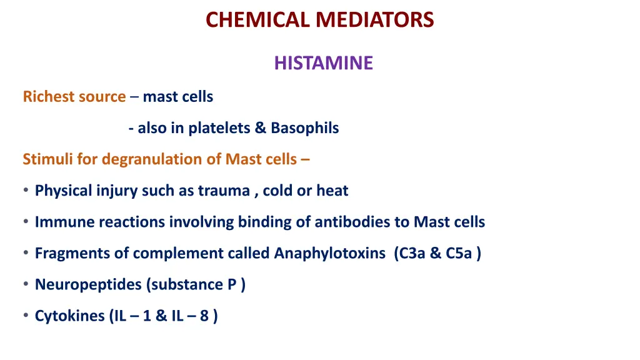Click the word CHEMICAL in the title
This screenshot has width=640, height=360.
click(x=258, y=20)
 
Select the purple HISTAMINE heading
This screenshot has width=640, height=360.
click(x=323, y=63)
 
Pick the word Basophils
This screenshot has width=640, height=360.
click(x=304, y=128)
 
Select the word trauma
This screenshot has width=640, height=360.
click(x=224, y=191)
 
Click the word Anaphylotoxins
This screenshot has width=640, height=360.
click(x=330, y=253)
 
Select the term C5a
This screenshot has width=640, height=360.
click(x=459, y=253)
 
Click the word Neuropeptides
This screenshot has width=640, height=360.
click(x=88, y=284)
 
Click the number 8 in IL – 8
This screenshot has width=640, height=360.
click(x=204, y=316)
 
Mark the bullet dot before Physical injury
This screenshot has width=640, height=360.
click(x=26, y=191)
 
